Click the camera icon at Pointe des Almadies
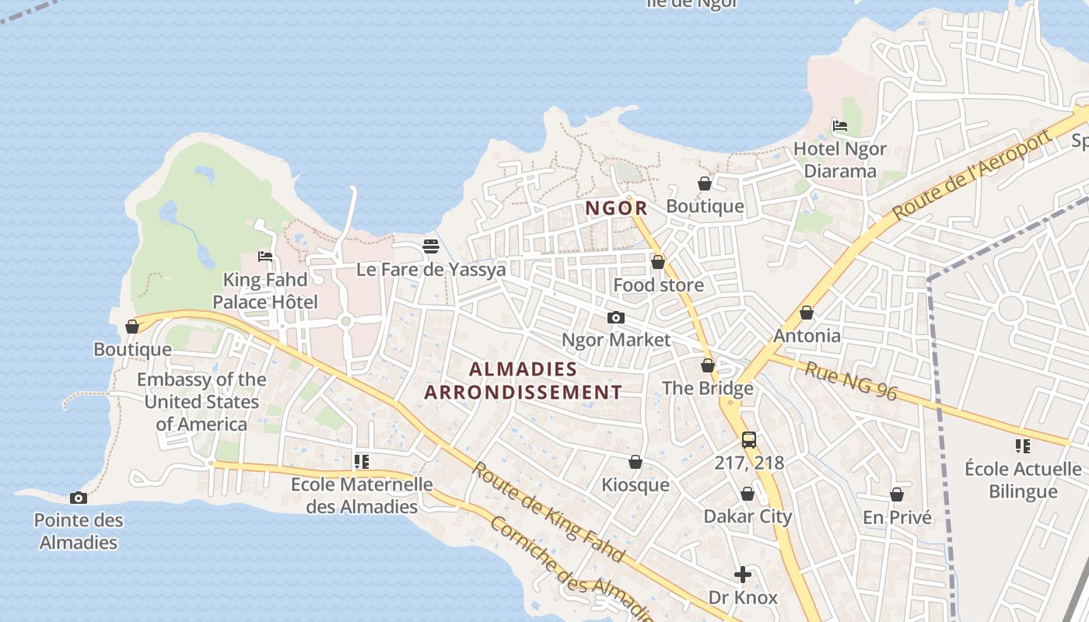tap(79, 498)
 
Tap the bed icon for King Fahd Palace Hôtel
tap(265, 257)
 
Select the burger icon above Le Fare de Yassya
tap(431, 246)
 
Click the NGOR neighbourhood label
tap(616, 208)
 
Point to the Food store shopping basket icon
tap(658, 262)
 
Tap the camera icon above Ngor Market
tap(615, 317)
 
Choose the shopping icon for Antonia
tap(807, 313)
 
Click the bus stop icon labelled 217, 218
tap(748, 440)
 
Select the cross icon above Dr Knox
tap(743, 575)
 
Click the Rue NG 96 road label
tap(850, 381)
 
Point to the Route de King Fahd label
tap(548, 512)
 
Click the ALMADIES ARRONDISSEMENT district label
tap(523, 380)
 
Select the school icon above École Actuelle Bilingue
tap(1022, 446)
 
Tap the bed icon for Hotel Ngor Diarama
tap(839, 126)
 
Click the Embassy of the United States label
tap(201, 402)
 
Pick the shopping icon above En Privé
tap(897, 494)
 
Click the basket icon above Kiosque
tap(636, 463)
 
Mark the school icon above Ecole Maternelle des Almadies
tap(361, 462)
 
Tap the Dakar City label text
tap(748, 516)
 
